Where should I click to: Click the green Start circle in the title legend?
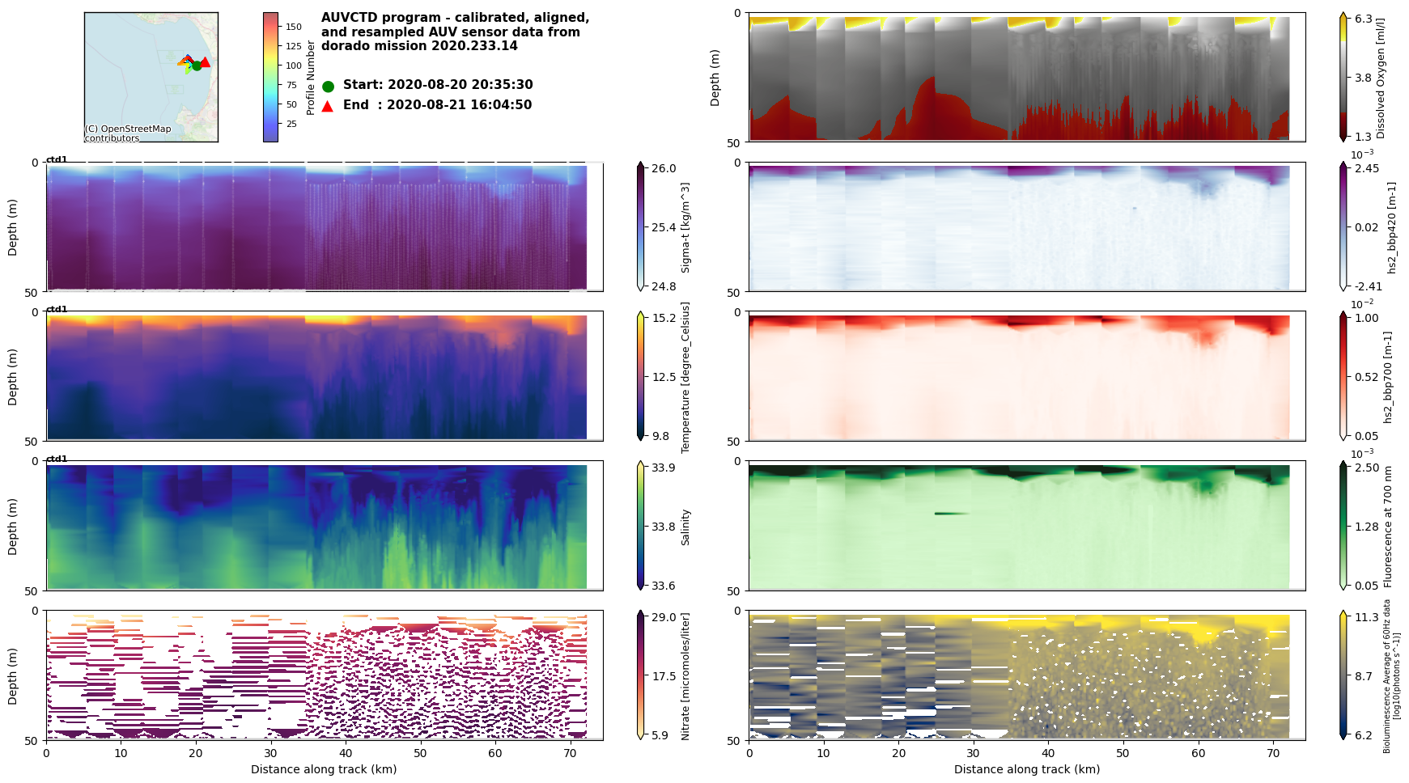point(328,87)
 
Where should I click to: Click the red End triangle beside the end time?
point(327,106)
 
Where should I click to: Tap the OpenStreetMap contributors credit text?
point(128,133)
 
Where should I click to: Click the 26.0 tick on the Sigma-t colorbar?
point(664,169)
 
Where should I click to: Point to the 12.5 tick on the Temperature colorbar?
point(664,377)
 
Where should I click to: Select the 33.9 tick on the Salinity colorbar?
point(664,468)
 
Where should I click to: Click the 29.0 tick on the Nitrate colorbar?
point(664,617)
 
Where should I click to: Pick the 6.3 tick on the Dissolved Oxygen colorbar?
point(1364,19)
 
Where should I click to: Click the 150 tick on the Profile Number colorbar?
point(293,27)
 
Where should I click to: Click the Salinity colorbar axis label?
point(685,527)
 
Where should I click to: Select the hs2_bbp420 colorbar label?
point(1392,227)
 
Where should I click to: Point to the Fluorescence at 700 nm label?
point(1388,527)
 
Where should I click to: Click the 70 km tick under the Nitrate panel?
point(570,753)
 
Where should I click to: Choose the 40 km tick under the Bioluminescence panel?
point(1048,753)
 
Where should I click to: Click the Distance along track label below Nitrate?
point(324,769)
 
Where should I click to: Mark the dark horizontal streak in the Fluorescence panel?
point(951,514)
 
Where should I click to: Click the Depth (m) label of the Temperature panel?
point(12,377)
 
